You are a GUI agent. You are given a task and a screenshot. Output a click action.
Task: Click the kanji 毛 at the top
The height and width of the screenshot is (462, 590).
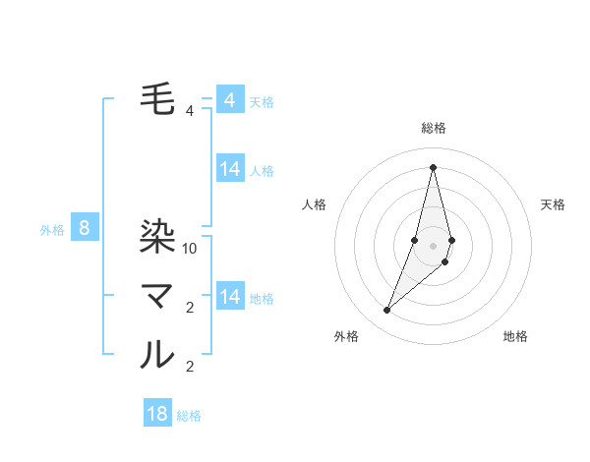[157, 98]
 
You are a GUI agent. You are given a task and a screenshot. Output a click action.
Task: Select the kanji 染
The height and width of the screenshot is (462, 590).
[157, 236]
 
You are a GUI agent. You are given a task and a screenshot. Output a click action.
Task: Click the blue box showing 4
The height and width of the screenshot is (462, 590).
[230, 100]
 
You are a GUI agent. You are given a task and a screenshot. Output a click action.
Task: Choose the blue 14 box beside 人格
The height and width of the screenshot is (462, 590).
[230, 169]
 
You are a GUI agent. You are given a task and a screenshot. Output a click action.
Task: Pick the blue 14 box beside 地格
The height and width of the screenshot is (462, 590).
[230, 296]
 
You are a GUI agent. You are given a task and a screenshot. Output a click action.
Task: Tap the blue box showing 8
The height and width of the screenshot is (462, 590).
[85, 229]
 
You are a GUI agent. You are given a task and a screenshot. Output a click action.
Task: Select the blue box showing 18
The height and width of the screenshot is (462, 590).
[157, 414]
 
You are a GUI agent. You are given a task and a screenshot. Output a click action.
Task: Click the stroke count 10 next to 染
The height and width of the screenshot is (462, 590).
[191, 249]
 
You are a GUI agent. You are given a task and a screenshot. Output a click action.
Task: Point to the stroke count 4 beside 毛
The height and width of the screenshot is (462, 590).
[190, 111]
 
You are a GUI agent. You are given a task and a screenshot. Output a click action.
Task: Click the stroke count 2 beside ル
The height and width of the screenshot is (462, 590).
[190, 367]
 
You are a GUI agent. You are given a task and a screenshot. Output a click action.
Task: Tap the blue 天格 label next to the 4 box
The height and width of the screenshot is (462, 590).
[262, 102]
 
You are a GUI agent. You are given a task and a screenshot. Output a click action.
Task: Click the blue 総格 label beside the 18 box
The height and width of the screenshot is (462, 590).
[189, 416]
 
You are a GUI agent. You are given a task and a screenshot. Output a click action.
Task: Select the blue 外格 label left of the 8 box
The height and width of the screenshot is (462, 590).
[52, 231]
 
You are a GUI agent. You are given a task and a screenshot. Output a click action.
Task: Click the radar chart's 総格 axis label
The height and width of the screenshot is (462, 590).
[433, 128]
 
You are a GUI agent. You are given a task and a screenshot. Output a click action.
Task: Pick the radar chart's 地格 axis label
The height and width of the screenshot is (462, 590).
[515, 336]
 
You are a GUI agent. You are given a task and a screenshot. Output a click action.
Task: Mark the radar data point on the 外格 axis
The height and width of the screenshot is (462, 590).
[387, 311]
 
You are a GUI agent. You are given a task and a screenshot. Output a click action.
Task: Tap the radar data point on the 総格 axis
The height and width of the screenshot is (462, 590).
[433, 167]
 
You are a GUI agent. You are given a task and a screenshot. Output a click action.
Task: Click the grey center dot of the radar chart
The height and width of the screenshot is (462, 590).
[433, 245]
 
